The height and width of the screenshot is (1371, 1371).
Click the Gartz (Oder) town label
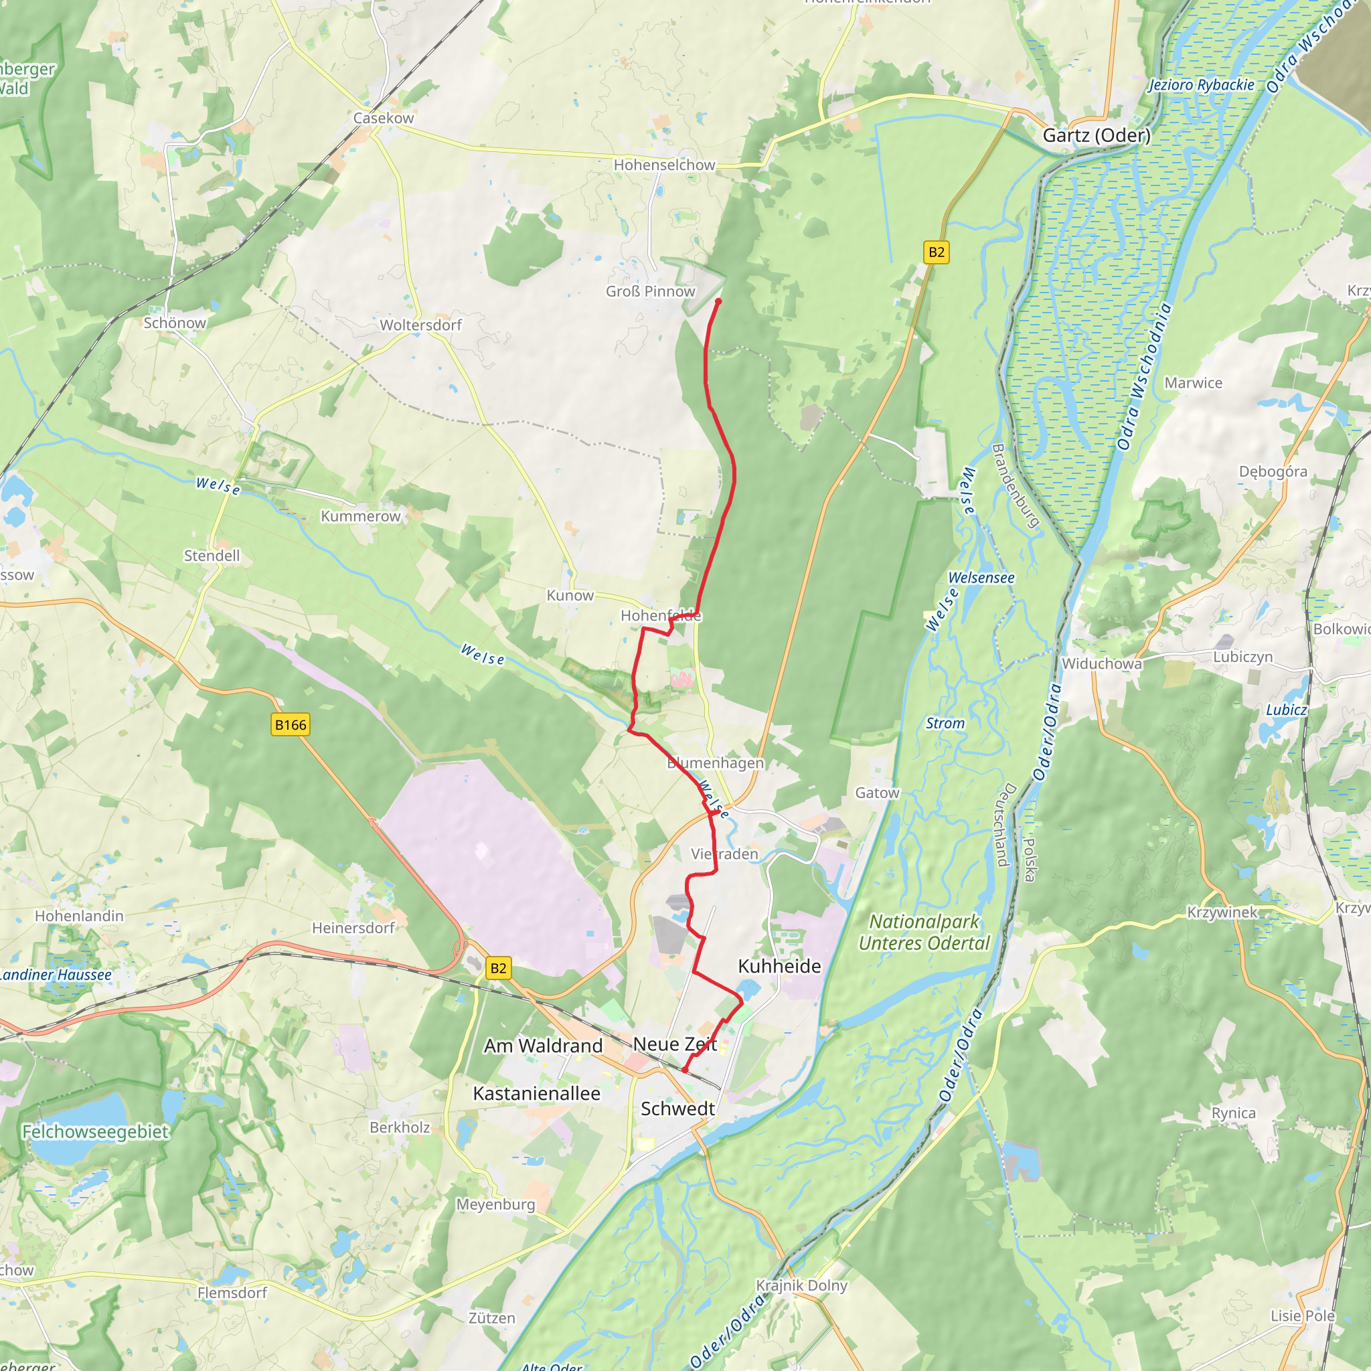pos(1096,135)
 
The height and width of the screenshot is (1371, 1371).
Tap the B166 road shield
pos(291,724)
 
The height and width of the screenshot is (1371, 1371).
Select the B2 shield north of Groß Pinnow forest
pos(937,252)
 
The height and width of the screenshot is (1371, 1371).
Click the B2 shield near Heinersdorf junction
pos(498,968)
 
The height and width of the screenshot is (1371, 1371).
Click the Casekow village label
pos(383,118)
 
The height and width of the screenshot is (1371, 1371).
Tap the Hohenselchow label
pos(664,165)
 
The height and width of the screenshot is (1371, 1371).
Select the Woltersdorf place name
pos(420,325)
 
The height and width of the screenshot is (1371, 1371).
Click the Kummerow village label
pos(361,516)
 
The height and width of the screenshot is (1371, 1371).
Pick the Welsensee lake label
pos(981,578)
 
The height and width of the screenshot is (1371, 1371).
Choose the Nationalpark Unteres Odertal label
pos(924,933)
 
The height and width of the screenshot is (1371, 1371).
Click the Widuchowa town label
pos(1101,663)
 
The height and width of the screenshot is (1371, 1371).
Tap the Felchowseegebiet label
pos(96,1131)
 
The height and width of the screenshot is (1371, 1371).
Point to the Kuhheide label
pos(779,967)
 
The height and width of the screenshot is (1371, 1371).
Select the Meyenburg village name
pos(495,1204)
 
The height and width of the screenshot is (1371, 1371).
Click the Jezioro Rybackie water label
pos(1202,85)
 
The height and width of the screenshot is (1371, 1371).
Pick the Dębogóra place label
pos(1273,472)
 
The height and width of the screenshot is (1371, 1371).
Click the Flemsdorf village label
pos(232,1293)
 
